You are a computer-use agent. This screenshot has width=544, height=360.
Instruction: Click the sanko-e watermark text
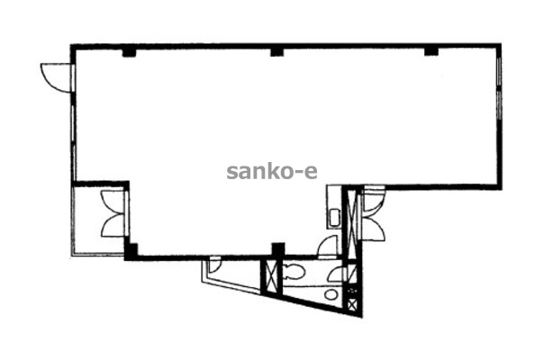point(272,172)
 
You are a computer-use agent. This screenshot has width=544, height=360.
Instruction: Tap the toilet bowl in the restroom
point(294,272)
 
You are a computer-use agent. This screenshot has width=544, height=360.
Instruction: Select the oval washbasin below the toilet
point(331,294)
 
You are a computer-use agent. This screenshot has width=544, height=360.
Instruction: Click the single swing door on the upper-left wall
point(56,77)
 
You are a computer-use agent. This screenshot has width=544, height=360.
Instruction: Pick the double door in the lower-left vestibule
point(113,214)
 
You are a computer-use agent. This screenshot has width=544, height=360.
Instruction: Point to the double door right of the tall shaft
point(373,214)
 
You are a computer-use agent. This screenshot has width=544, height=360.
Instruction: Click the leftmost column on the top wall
point(129,52)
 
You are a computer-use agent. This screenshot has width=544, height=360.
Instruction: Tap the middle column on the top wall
point(277,52)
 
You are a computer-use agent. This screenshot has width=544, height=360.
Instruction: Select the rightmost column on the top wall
point(431,51)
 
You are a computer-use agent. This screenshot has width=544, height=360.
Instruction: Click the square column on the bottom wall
point(278,249)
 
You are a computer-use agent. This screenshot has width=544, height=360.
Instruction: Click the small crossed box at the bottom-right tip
point(352,304)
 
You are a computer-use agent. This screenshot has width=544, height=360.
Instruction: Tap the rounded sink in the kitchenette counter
point(334,218)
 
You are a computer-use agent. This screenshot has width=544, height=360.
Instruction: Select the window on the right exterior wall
point(499,88)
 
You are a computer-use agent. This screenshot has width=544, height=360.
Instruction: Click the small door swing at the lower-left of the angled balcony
point(214,265)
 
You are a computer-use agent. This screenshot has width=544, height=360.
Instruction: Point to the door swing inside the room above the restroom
point(328,246)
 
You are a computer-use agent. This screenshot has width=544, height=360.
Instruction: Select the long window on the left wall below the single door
point(73,143)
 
